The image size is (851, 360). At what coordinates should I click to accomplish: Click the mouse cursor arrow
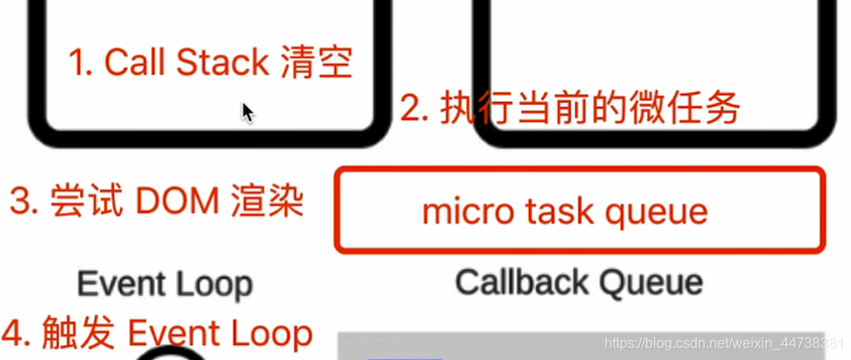(247, 112)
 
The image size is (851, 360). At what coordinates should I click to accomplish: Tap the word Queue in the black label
(651, 283)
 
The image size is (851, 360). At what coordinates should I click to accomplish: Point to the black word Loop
(211, 284)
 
